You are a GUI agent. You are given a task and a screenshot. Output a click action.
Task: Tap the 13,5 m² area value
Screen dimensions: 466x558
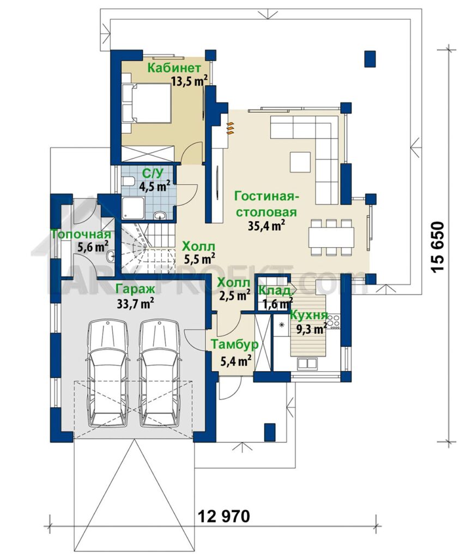189,82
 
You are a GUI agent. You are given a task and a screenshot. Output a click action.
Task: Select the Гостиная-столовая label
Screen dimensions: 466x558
267,204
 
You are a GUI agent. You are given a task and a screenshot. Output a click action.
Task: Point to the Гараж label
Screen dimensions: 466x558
136,289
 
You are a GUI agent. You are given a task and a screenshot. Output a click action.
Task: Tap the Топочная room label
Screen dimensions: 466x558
81,234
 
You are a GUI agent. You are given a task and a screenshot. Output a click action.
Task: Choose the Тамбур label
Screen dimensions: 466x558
234,344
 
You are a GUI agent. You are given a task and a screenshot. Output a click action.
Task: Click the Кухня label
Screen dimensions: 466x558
308,316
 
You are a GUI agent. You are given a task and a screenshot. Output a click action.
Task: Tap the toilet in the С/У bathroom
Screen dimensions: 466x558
127,181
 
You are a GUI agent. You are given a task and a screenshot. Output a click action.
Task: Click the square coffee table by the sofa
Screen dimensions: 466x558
301,161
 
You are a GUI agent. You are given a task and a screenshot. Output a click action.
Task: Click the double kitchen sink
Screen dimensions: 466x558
307,363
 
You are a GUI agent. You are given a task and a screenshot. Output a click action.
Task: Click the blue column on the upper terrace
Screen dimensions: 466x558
370,59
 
